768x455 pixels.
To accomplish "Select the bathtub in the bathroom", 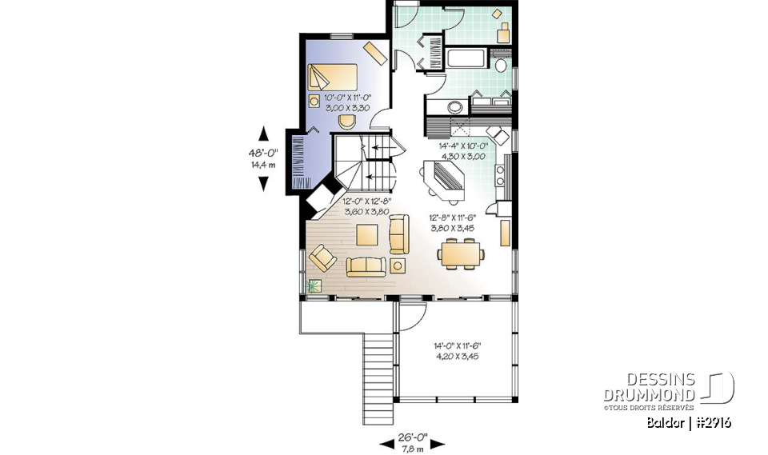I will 466,59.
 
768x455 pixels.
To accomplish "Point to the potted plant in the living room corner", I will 313,286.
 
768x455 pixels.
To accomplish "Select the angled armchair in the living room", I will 323,257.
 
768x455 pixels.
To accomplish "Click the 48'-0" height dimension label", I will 262,159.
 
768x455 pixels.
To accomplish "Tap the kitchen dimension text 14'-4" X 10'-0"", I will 463,150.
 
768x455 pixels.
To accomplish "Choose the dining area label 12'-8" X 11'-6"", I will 452,222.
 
